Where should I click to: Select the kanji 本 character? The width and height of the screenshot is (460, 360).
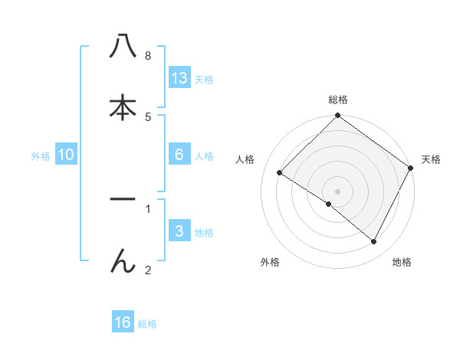[123, 107]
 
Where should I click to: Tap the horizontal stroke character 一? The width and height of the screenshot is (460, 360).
[123, 200]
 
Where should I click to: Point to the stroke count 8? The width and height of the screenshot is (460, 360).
[147, 55]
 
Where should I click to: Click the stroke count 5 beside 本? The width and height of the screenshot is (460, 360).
[147, 116]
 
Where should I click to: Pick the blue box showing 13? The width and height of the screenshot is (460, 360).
[179, 77]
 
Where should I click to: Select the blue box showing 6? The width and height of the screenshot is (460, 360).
[179, 155]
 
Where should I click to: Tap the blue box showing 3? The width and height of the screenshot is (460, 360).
[179, 231]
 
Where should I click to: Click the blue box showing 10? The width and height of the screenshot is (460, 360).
[66, 155]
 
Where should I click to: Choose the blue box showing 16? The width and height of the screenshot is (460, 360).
[123, 322]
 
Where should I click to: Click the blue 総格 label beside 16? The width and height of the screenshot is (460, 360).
[147, 324]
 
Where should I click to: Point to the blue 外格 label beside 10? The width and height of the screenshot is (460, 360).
[41, 156]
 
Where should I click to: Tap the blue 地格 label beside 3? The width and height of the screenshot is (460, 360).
[204, 233]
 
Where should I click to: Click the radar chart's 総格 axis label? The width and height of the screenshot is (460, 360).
[338, 100]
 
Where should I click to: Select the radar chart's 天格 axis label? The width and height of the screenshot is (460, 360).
[431, 159]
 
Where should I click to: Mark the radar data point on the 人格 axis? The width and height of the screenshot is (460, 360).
[280, 173]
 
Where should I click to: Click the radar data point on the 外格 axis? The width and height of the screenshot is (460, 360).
[329, 205]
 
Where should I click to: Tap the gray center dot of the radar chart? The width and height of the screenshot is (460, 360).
[338, 191]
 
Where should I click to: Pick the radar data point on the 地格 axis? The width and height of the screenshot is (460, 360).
[374, 242]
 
